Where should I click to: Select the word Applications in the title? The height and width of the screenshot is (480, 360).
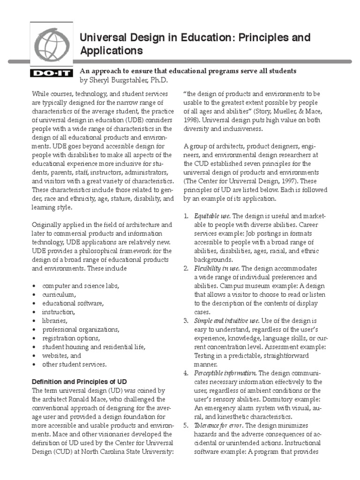[111, 50]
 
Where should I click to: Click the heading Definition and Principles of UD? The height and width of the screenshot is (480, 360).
[79, 382]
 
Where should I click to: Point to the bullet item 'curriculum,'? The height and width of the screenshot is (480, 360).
[59, 294]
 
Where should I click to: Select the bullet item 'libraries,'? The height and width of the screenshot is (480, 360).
[55, 321]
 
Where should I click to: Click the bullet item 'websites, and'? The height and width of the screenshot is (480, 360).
[61, 355]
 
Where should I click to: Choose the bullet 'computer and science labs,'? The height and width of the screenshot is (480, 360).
[81, 286]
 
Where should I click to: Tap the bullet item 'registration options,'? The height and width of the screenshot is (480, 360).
[71, 338]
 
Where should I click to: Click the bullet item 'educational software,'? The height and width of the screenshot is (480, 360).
[73, 303]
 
